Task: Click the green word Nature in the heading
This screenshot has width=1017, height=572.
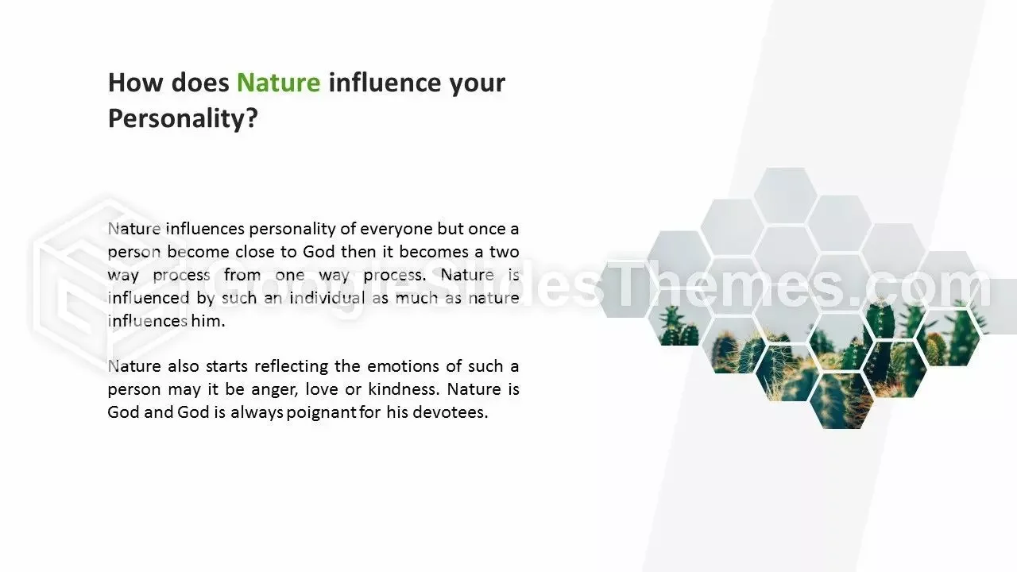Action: pyautogui.click(x=278, y=83)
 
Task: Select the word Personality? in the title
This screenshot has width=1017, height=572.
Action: pyautogui.click(x=183, y=119)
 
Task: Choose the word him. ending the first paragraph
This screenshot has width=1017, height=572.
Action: pyautogui.click(x=208, y=321)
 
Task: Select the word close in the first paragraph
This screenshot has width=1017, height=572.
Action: pyautogui.click(x=255, y=252)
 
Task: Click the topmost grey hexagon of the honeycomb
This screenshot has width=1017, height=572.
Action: pyautogui.click(x=786, y=195)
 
